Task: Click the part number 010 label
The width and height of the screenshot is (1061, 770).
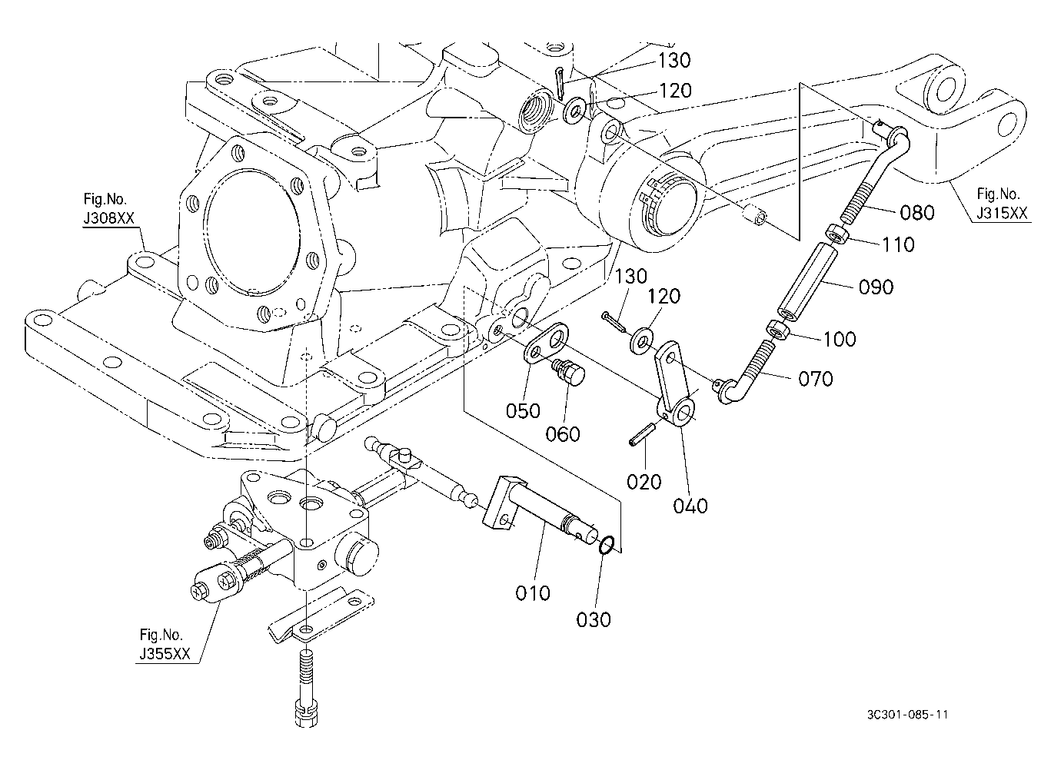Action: click(x=533, y=593)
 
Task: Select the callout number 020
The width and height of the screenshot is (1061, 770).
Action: click(x=644, y=482)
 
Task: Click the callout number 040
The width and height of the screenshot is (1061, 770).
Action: click(x=690, y=506)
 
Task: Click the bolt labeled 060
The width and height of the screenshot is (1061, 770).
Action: click(x=568, y=372)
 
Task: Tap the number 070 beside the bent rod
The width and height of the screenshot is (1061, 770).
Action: click(x=815, y=379)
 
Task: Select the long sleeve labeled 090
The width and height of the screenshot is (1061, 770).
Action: click(x=807, y=280)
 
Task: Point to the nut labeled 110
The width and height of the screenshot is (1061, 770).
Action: click(x=837, y=234)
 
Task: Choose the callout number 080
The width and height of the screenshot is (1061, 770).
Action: click(x=917, y=213)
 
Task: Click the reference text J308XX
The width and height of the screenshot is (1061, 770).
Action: click(x=109, y=217)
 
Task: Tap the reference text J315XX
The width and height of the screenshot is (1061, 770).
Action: click(x=1002, y=214)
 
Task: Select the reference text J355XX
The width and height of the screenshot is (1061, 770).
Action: click(x=165, y=654)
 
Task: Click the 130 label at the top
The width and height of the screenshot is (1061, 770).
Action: click(x=674, y=61)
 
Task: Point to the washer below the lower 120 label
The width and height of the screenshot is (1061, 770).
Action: click(x=641, y=340)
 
